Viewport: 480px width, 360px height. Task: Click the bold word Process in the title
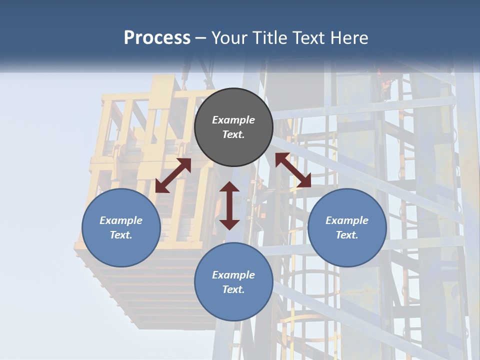(x=157, y=38)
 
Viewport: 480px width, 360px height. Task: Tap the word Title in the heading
(x=269, y=38)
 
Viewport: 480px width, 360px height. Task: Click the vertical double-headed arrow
(x=229, y=205)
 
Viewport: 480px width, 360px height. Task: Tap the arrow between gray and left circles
(x=173, y=175)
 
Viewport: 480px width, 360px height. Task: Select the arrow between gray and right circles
(x=293, y=170)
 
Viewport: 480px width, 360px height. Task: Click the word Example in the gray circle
(x=233, y=120)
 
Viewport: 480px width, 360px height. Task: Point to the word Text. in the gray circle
(x=233, y=134)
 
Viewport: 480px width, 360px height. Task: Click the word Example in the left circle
(x=121, y=220)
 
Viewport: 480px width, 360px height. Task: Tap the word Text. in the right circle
(x=347, y=235)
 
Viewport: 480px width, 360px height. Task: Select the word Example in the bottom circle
(x=233, y=275)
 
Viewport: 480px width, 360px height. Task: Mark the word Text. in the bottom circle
(x=233, y=289)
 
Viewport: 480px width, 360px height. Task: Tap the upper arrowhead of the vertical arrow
(x=229, y=187)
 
